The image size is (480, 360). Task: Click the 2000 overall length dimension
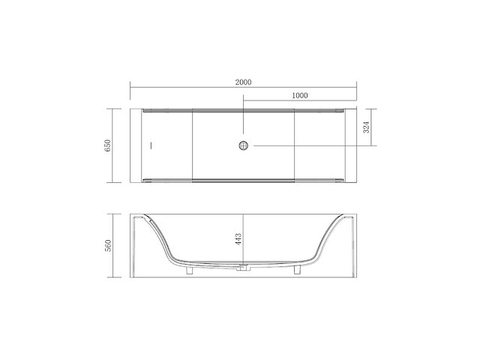point(242,82)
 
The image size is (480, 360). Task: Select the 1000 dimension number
point(299,95)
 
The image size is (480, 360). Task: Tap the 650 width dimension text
point(108,145)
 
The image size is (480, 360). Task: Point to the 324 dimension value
point(366,128)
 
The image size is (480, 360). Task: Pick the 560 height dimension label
point(108,245)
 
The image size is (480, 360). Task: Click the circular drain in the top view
point(242,145)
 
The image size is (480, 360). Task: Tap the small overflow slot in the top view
point(150,145)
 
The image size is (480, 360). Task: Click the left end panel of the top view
point(136,145)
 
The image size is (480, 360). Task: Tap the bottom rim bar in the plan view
point(242,181)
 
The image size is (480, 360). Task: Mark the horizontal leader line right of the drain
point(307,145)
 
